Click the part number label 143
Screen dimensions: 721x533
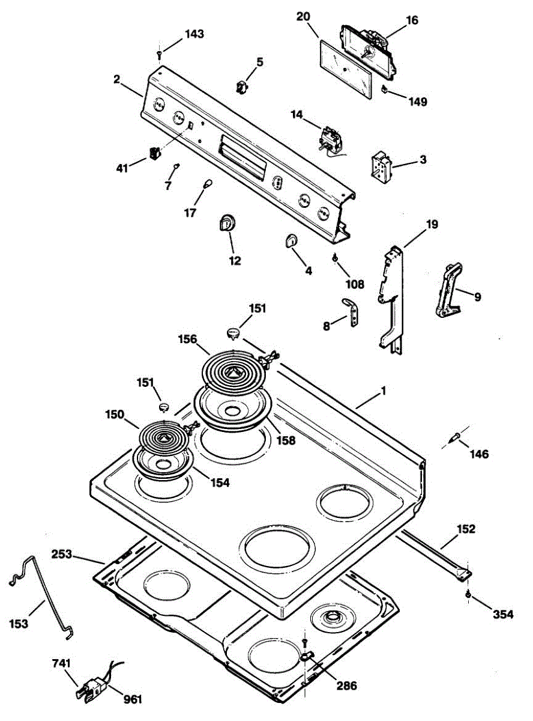coord(194,34)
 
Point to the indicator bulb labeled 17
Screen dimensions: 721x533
coord(207,183)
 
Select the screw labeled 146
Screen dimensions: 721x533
coord(457,437)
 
